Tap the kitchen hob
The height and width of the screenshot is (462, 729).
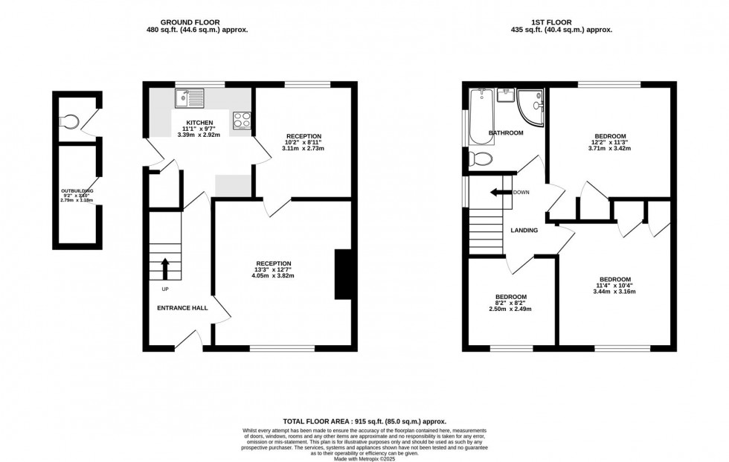coord(242,119)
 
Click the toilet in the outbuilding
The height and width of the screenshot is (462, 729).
coord(71,122)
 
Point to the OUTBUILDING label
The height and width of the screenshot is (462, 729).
coord(77,191)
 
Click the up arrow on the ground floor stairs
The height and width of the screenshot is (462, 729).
coord(164,266)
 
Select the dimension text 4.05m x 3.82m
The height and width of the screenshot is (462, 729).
coord(274,276)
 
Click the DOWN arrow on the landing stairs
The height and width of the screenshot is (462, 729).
coord(501,193)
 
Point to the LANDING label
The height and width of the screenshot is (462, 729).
coord(524,231)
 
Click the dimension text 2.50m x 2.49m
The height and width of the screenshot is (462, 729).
coord(511,309)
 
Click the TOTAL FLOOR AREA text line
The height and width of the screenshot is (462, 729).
coord(364,421)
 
